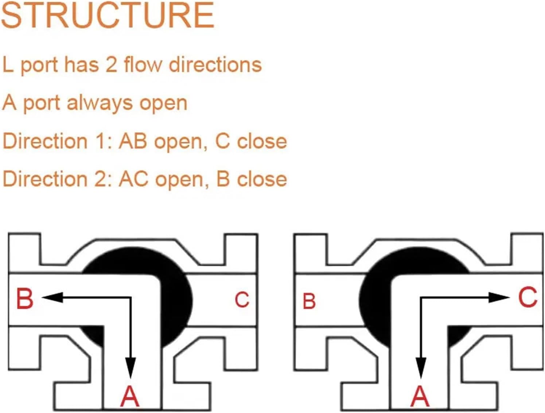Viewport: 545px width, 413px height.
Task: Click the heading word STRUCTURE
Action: click(x=108, y=15)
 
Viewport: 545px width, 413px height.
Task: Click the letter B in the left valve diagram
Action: click(x=25, y=299)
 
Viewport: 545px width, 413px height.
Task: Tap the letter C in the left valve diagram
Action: click(x=242, y=300)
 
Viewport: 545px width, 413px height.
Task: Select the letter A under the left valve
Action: click(x=130, y=397)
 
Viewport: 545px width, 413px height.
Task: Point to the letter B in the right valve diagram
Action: click(x=309, y=301)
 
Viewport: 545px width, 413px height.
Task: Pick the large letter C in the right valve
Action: click(x=528, y=297)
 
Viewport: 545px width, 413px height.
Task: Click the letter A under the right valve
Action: click(x=420, y=397)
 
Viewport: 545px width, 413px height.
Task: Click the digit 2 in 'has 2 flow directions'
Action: click(x=110, y=65)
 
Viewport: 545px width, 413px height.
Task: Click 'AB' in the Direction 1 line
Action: click(x=133, y=141)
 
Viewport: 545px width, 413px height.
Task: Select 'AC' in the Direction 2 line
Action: click(x=134, y=179)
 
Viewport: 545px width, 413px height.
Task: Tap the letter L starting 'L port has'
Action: click(x=7, y=65)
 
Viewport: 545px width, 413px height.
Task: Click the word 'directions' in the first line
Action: click(x=215, y=65)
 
